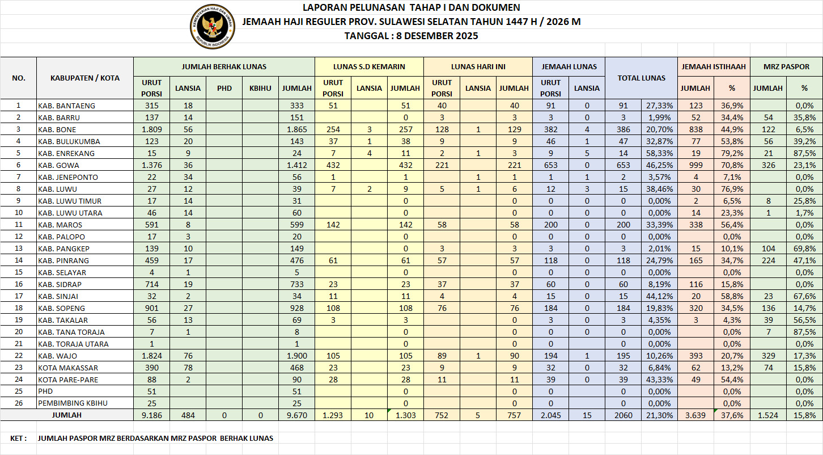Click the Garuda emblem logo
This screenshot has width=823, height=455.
[x=213, y=27]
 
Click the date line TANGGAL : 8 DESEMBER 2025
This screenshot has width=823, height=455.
[x=411, y=36]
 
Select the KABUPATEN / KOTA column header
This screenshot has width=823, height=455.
[x=85, y=78]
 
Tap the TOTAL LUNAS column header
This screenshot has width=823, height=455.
[x=641, y=78]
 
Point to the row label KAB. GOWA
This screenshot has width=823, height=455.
[x=58, y=165]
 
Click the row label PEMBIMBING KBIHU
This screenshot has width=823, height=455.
[x=72, y=403]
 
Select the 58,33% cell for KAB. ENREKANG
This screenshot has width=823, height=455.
[x=659, y=153]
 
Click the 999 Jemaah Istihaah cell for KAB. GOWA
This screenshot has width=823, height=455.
[x=695, y=165]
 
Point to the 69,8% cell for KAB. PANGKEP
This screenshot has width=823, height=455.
[x=804, y=248]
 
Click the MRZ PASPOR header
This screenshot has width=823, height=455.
[x=786, y=66]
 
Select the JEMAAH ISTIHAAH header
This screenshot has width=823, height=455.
[x=714, y=66]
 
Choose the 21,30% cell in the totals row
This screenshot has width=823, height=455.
[x=659, y=415]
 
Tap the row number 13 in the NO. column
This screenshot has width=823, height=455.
[x=18, y=248]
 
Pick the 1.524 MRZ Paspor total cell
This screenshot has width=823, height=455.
[x=768, y=415]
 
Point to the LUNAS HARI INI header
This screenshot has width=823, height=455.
[x=478, y=66]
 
